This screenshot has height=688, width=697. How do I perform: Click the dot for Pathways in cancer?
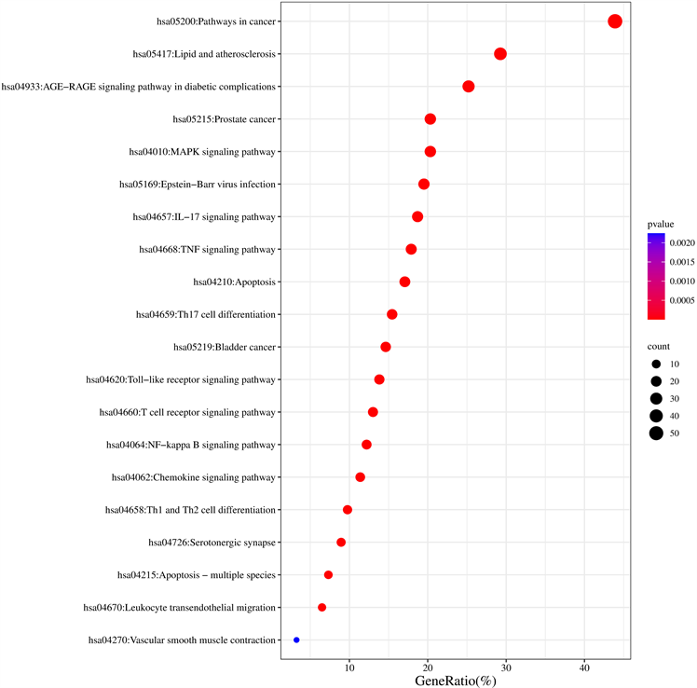point(615,21)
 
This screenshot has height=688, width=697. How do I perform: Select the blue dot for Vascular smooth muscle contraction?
point(296,640)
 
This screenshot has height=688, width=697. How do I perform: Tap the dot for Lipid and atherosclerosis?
point(500,54)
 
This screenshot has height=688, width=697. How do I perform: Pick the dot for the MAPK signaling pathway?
point(430,151)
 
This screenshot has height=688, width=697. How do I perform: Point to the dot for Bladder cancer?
point(386,347)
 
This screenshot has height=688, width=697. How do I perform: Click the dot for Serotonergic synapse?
point(341,543)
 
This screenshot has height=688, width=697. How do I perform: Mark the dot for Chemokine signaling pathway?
point(361,477)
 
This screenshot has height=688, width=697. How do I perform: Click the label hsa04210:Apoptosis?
point(234,282)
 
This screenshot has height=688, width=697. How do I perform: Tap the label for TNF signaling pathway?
point(207,249)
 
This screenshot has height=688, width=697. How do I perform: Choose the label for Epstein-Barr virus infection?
point(198,184)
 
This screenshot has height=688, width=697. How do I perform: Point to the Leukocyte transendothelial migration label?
point(180,608)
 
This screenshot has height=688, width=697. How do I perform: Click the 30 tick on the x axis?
point(506,667)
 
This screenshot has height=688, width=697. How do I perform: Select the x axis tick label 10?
point(349,667)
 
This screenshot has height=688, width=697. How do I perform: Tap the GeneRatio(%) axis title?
point(456,681)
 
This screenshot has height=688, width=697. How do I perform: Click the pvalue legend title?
point(663,225)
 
